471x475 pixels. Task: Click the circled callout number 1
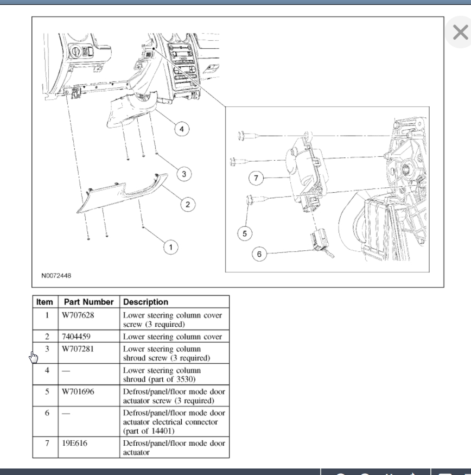click(x=171, y=247)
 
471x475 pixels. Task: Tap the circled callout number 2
click(x=188, y=205)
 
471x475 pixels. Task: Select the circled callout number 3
click(x=184, y=174)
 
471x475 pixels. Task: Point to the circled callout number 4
click(x=182, y=129)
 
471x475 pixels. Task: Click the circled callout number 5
click(x=245, y=233)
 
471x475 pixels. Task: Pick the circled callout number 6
click(x=259, y=254)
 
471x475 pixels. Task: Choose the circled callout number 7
click(x=256, y=178)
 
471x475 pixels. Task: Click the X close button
click(x=460, y=32)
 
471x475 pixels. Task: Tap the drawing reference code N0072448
click(x=56, y=276)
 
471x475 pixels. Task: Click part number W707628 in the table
click(x=78, y=315)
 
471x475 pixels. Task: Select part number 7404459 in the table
click(x=77, y=337)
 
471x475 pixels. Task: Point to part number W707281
click(x=78, y=349)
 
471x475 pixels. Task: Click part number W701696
click(x=78, y=392)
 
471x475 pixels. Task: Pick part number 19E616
click(x=74, y=443)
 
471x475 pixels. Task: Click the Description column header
click(x=145, y=302)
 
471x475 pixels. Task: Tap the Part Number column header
click(x=89, y=302)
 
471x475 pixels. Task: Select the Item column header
click(x=44, y=302)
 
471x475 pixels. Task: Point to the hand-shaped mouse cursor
click(x=34, y=357)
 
